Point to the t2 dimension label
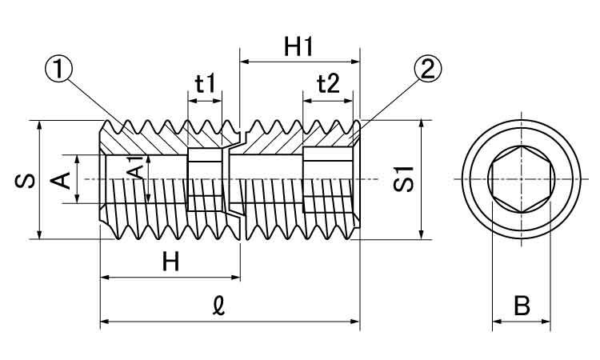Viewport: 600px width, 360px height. [328, 83]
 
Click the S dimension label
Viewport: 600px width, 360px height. [25, 180]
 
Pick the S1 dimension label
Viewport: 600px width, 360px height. [406, 179]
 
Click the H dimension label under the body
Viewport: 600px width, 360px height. [170, 261]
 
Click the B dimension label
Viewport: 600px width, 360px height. [521, 306]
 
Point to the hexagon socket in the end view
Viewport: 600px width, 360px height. [521, 179]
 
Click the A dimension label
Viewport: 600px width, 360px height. [60, 180]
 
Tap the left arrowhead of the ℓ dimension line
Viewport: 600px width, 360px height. [105, 322]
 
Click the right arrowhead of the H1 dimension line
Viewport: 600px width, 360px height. [354, 61]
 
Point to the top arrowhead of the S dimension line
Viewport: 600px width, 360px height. [39, 126]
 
